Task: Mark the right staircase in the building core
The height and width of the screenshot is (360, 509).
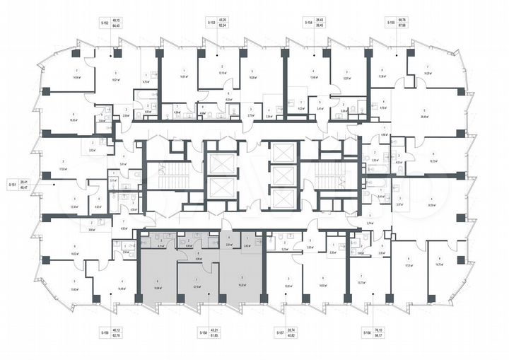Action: tap(327, 180)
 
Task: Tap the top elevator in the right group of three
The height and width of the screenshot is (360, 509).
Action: tap(283, 153)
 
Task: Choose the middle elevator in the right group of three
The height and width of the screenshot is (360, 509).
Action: tap(283, 176)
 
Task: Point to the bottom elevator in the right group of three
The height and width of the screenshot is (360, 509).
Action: tap(283, 200)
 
